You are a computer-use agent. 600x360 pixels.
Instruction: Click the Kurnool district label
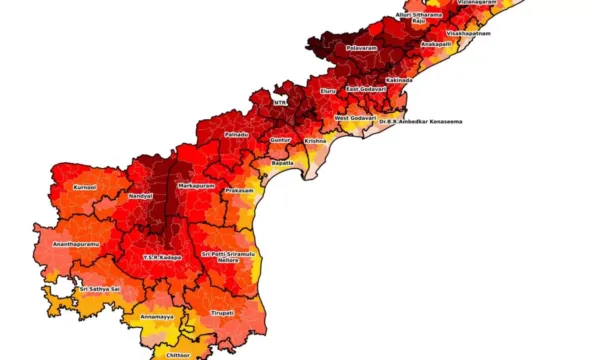pos(85,186)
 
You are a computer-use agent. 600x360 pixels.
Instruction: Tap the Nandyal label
pos(140,196)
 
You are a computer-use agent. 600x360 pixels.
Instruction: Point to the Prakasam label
pos(240,190)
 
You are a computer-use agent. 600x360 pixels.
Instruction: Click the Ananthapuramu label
pos(77,243)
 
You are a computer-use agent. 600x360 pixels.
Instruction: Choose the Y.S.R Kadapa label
pos(162,257)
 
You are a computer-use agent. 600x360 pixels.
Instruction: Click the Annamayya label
pos(157,316)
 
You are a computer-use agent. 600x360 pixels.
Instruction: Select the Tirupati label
pos(222,312)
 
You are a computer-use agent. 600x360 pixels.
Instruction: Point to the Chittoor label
pos(178,354)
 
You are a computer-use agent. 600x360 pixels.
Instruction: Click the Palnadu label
pos(236,133)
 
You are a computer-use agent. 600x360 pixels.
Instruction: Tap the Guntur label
pos(280,141)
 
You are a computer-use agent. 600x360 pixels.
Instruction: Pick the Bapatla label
pos(283,162)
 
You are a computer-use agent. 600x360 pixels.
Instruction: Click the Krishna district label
pos(315,141)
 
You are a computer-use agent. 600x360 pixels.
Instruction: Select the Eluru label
pos(328,91)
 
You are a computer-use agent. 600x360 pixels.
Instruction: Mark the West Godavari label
pos(355,118)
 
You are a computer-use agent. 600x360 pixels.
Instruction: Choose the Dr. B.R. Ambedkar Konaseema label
pos(420,121)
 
